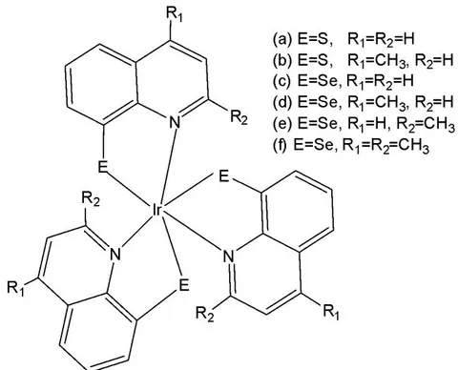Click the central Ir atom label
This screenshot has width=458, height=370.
[156, 210]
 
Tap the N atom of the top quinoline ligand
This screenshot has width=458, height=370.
[175, 122]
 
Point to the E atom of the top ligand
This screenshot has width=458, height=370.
[102, 166]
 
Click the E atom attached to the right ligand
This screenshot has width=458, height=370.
[224, 175]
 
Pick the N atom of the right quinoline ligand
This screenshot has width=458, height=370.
[228, 257]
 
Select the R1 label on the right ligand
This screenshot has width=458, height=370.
[331, 312]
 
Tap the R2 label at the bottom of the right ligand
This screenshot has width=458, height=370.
[205, 315]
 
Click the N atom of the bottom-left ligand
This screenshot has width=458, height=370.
[114, 254]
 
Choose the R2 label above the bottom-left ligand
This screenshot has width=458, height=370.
[91, 199]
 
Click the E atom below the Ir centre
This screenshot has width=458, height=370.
[184, 285]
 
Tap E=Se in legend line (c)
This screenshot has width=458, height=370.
[317, 81]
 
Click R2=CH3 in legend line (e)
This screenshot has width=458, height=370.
[426, 124]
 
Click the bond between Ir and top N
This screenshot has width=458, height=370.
[167, 165]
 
